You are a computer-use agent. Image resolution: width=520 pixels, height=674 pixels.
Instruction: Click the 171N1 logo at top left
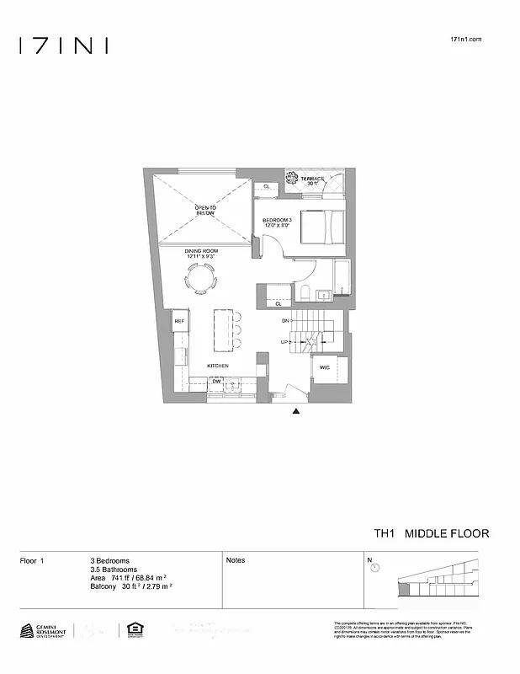[x=64, y=45]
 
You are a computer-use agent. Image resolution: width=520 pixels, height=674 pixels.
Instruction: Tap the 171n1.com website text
[x=466, y=40]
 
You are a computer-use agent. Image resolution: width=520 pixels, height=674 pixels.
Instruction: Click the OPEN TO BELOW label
[x=205, y=211]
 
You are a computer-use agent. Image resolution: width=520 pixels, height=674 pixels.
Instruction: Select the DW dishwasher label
[x=216, y=382]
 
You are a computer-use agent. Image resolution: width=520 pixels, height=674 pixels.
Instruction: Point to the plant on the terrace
[x=294, y=179]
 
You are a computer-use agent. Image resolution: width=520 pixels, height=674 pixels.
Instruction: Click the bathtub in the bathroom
[x=342, y=278]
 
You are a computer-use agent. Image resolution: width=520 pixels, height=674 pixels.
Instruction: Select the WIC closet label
[x=324, y=367]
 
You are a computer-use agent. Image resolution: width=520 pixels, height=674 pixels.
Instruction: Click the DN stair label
[x=285, y=322]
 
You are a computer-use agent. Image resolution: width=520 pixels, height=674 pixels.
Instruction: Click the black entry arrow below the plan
[x=295, y=412]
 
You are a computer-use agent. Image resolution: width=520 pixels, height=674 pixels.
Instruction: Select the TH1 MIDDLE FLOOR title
[x=431, y=534]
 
